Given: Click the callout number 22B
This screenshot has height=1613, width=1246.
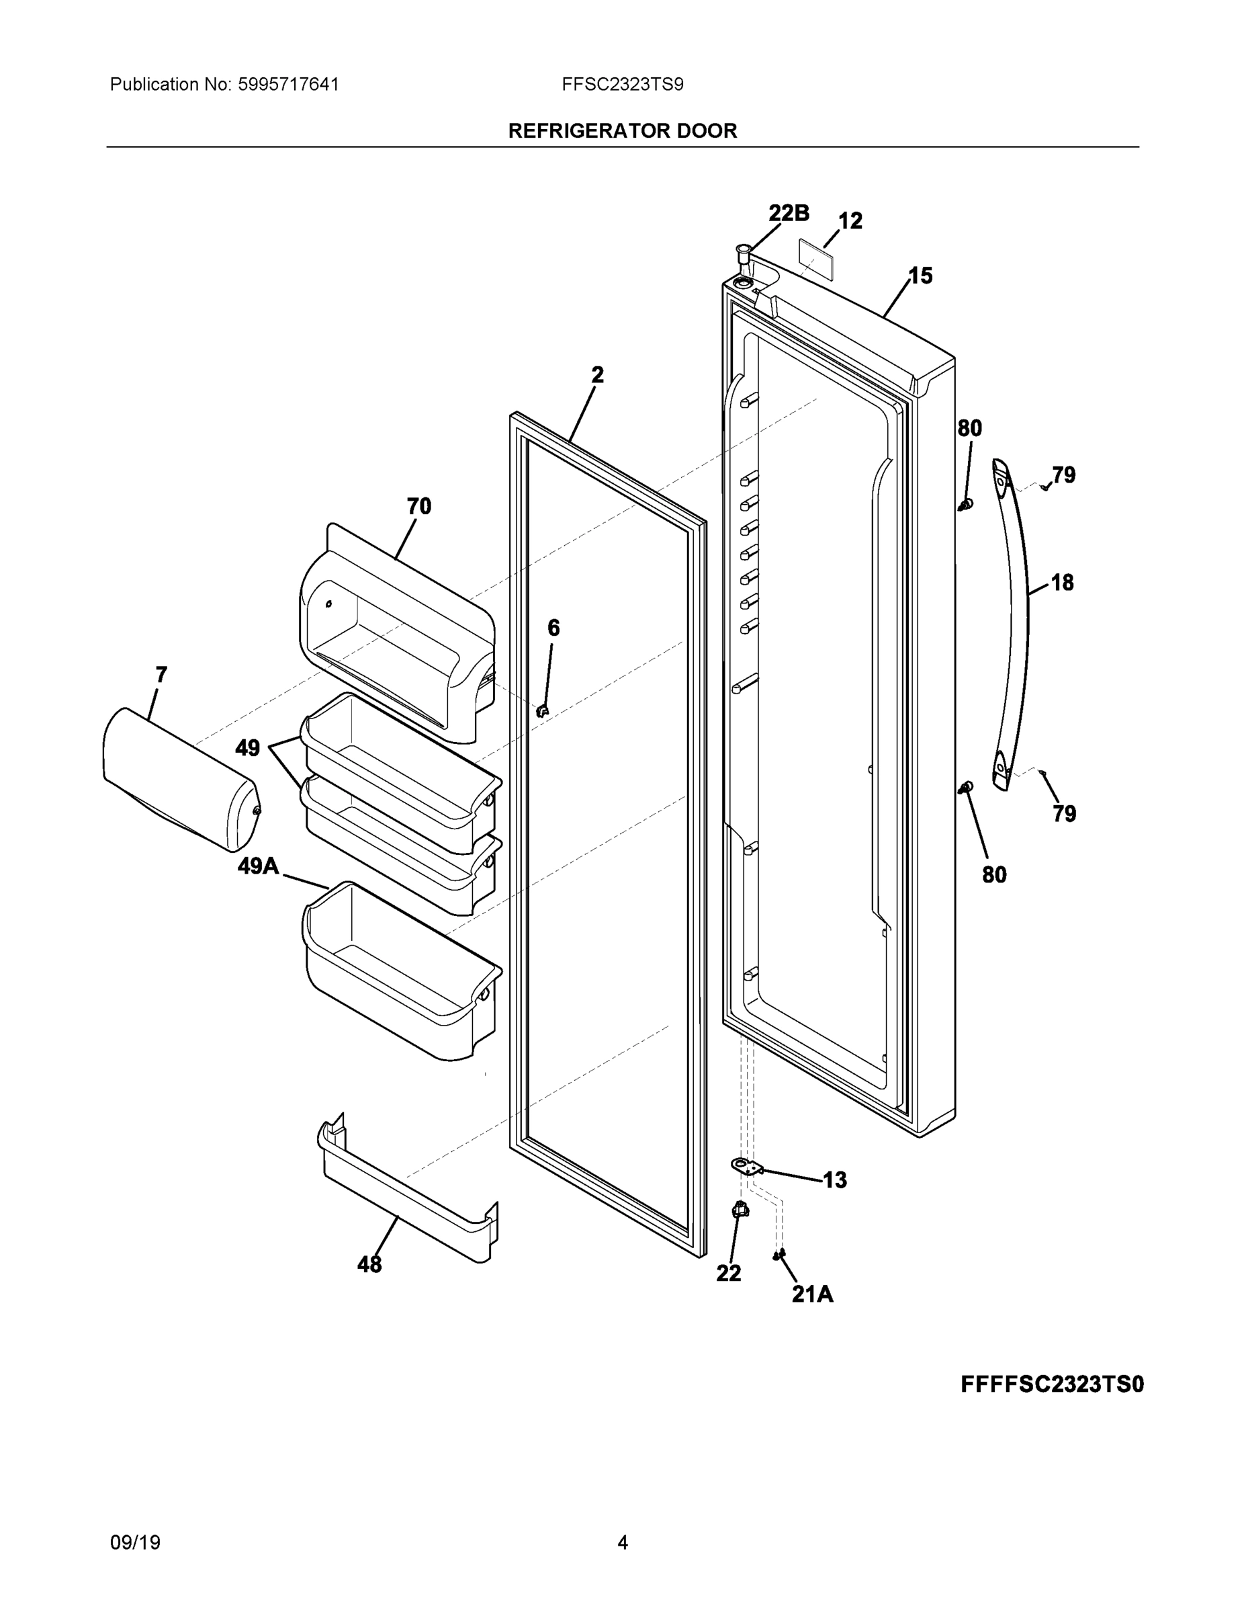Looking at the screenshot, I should coord(789,214).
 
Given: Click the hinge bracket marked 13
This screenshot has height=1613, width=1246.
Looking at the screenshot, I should coord(746,1166).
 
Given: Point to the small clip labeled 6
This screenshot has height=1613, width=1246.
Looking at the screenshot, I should coord(542,710).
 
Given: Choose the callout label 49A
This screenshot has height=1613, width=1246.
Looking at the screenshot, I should coord(259,866).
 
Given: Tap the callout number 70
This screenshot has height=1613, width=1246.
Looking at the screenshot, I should coord(418,507).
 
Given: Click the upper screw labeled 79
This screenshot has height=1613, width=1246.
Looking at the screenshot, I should coord(1044,487).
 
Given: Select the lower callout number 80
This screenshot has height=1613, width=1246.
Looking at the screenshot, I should coord(993,874).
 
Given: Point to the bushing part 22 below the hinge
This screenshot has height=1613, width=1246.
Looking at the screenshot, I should coord(739,1210).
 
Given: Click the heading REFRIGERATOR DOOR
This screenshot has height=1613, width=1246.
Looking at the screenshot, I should coord(622,131).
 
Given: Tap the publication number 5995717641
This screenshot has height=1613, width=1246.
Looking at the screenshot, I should coord(288,84).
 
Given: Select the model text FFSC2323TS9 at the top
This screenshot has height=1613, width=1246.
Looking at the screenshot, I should coord(622,84).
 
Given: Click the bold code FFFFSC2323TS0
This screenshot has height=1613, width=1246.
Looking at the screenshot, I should coord(1052,1384).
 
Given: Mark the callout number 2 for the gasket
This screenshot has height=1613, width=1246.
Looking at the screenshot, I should coord(597,375).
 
